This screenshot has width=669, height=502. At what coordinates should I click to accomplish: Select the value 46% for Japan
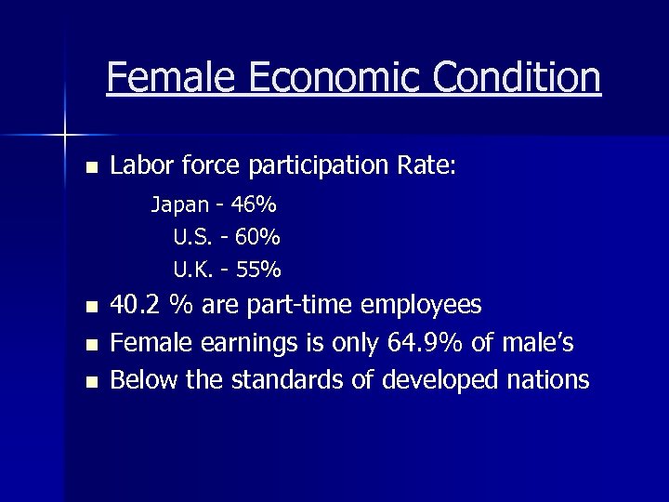pyautogui.click(x=255, y=205)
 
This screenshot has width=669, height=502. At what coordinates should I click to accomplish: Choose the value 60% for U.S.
pyautogui.click(x=258, y=238)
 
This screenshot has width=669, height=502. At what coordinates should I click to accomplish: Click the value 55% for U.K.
pyautogui.click(x=258, y=271)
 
